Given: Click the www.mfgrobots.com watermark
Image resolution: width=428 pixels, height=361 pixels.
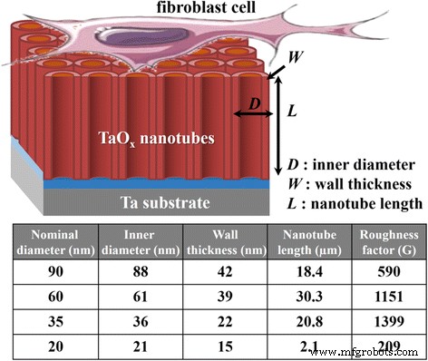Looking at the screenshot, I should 363,348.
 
